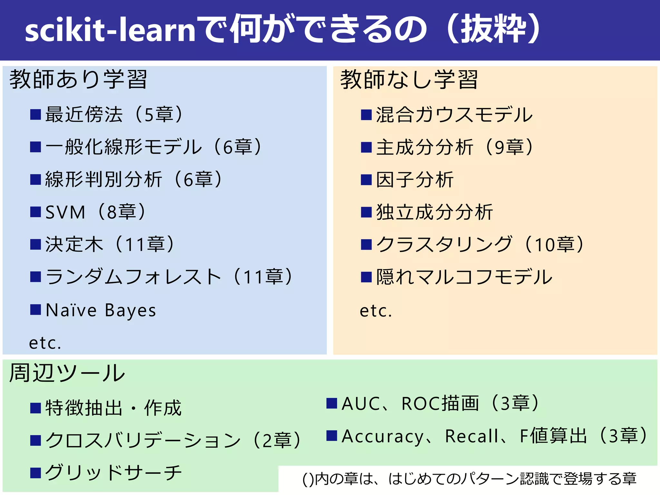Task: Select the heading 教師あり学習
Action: (78, 79)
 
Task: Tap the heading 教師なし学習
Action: (409, 79)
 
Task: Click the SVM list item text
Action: (65, 212)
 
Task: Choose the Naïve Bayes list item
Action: (101, 310)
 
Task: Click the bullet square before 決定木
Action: (35, 244)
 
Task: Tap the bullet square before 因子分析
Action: (366, 180)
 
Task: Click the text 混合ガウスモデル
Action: (454, 115)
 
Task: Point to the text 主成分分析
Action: (425, 147)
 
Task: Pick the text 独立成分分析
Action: (435, 212)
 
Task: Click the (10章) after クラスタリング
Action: (554, 244)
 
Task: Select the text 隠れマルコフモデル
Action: (464, 277)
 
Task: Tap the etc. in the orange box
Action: (376, 311)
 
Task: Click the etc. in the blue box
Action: (45, 343)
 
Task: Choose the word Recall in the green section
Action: (472, 436)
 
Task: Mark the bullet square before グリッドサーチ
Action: (35, 473)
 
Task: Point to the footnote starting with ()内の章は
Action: (469, 479)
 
